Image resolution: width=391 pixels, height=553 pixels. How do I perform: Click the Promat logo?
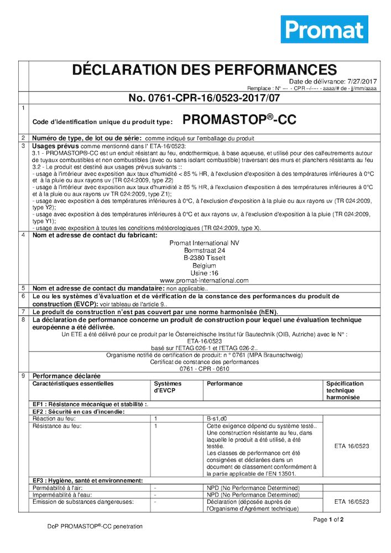[x=324, y=29]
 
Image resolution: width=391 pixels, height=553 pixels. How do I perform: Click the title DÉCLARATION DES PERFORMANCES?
[x=204, y=70]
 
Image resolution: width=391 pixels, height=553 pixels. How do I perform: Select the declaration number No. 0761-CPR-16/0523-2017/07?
[x=204, y=98]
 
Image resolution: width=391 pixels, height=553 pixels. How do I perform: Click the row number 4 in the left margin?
[x=23, y=236]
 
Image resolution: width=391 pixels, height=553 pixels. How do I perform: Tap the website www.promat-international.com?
[x=204, y=280]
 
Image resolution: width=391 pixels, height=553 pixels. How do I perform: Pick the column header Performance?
[x=225, y=383]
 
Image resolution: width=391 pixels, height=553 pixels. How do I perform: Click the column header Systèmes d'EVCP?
[x=168, y=387]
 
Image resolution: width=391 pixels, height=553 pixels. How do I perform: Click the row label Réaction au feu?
[x=53, y=419]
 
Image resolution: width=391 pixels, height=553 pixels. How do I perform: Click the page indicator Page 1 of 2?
[x=329, y=519]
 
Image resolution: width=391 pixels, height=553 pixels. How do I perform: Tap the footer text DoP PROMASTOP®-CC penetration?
[x=95, y=526]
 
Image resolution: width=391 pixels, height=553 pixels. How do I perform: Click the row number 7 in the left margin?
[x=23, y=312]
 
